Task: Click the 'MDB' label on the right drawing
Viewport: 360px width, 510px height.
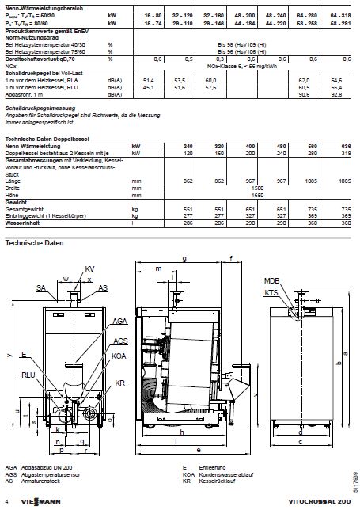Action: click(271, 281)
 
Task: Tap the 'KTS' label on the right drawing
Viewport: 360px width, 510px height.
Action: click(271, 292)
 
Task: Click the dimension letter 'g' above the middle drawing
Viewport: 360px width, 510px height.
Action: click(184, 259)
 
